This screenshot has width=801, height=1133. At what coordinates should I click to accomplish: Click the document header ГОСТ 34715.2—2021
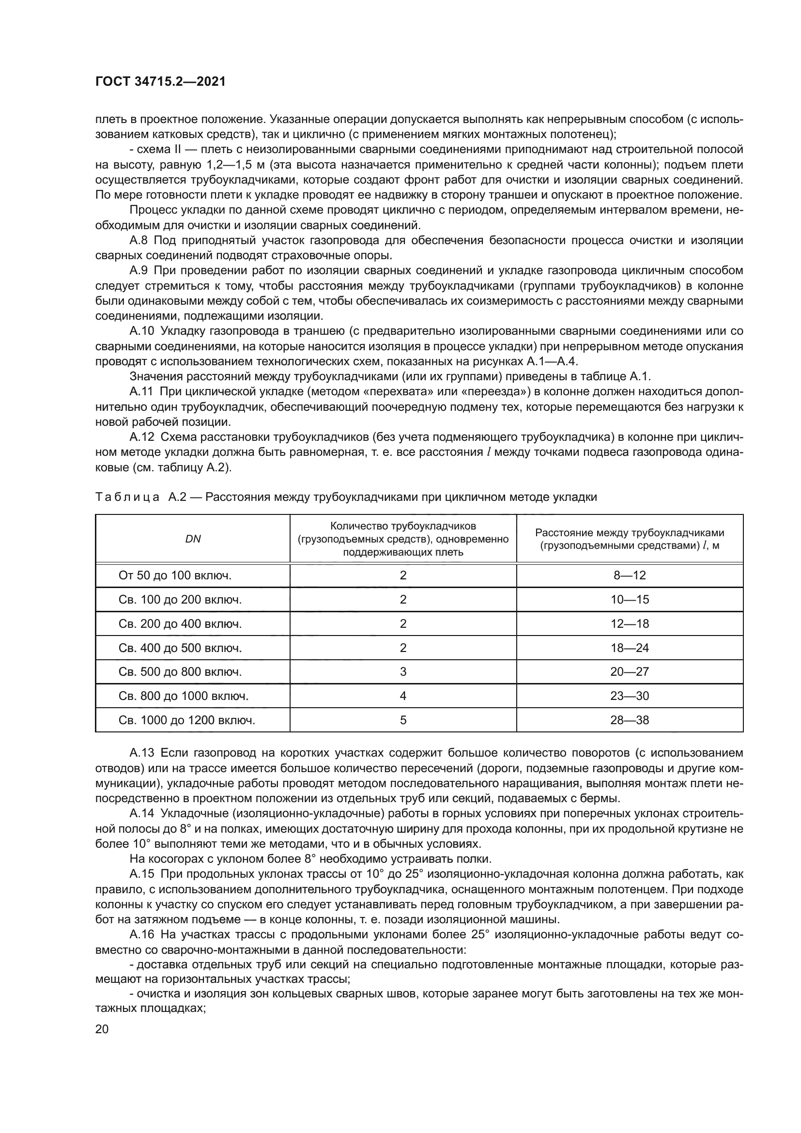click(160, 82)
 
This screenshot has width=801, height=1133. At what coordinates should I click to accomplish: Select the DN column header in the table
click(193, 539)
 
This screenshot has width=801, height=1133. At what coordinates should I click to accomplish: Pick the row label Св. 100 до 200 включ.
click(180, 600)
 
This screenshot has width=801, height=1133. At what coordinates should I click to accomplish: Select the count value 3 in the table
click(403, 671)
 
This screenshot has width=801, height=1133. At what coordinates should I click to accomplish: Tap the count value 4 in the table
click(403, 696)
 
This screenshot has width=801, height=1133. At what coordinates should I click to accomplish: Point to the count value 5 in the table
click(403, 720)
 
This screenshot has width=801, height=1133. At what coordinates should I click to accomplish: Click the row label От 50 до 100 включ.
click(175, 575)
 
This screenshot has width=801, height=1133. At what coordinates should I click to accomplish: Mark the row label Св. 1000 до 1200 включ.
click(187, 720)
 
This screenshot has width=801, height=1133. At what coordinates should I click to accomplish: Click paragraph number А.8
click(138, 240)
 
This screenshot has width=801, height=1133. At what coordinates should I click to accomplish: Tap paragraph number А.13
click(140, 753)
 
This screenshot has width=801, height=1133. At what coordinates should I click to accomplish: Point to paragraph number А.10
click(140, 331)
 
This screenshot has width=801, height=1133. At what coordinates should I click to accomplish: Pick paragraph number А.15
click(140, 874)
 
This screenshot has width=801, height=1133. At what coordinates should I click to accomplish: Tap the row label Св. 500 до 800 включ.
click(180, 671)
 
